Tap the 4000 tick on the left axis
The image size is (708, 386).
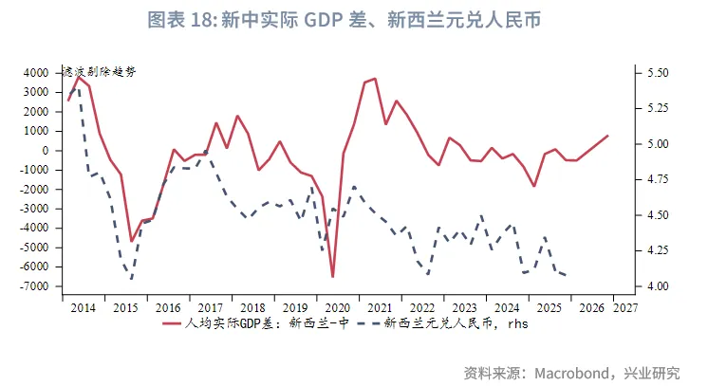coord(35,73)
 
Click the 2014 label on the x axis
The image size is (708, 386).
coord(83,308)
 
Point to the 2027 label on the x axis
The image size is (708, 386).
coord(625,308)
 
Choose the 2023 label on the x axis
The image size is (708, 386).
coord(465,308)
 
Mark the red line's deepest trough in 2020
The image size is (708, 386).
coord(333,277)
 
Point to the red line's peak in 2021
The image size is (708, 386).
coord(375,79)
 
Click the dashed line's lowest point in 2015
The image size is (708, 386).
coord(130,279)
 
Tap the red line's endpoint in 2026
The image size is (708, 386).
coord(607,136)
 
